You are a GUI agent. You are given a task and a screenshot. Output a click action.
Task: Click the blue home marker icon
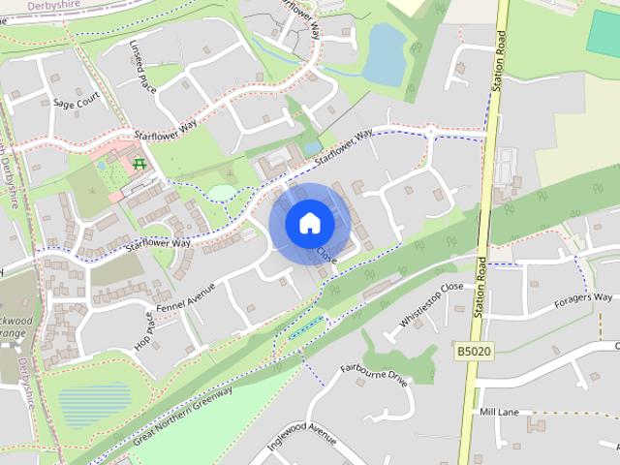coord(309,223)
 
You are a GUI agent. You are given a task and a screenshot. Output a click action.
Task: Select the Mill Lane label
coord(499,412)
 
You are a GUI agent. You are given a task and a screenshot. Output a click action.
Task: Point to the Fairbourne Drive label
coord(375,375)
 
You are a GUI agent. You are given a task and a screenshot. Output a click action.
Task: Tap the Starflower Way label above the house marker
coord(344,148)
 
